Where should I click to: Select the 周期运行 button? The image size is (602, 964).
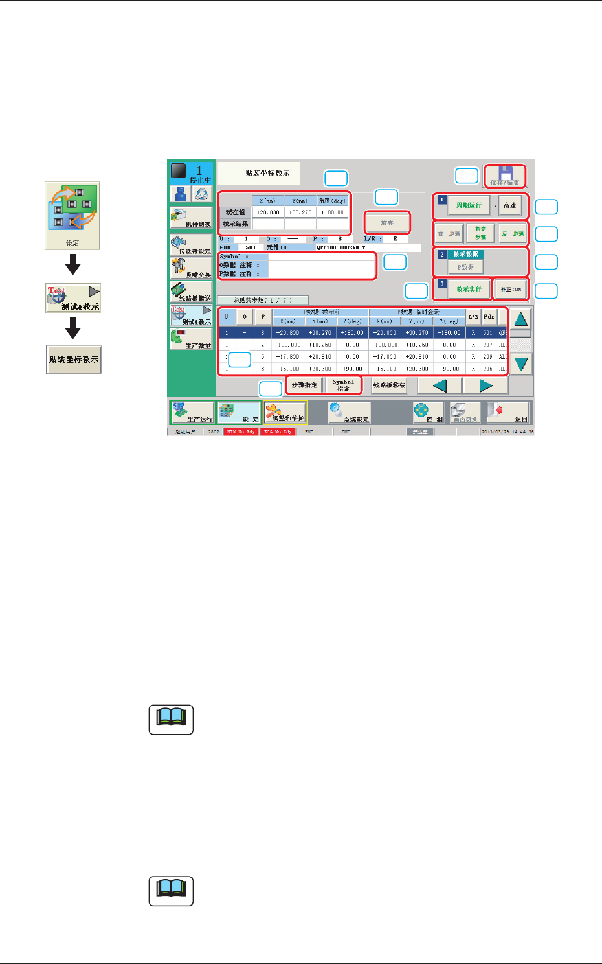coord(468,205)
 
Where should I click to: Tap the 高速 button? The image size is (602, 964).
coord(509,205)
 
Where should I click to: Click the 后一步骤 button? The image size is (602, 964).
coord(513,233)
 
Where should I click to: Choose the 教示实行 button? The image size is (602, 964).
coord(468,289)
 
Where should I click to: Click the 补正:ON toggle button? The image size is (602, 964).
coord(510,289)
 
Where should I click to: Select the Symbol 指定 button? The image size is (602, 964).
coord(343,385)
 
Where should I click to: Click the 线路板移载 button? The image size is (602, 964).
coord(389,385)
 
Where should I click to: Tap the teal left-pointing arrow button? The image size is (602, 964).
coord(439,385)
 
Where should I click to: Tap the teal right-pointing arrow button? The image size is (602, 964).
coord(485,385)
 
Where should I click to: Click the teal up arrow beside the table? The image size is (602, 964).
coord(521,319)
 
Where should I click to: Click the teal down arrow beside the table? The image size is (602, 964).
coord(521,363)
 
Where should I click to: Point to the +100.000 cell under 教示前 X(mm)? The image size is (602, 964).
coord(287,345)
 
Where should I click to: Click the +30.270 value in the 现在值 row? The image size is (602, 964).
coord(300,212)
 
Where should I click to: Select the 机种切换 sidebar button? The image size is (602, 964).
coord(191,218)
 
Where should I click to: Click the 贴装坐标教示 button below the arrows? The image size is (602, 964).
coord(74,359)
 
